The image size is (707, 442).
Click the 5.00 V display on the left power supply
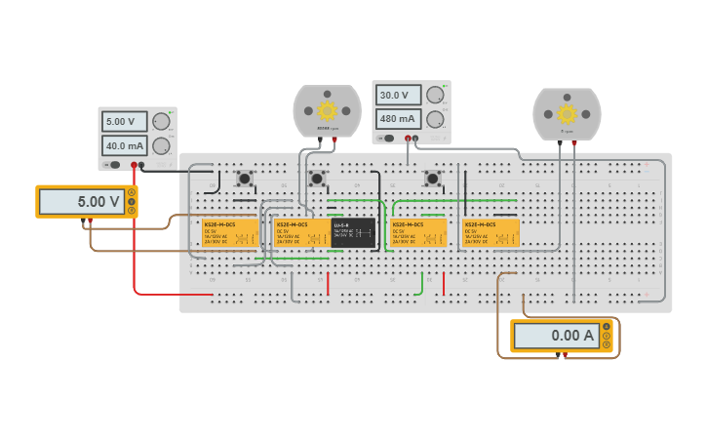coord(124,122)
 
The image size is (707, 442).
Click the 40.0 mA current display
coord(124,146)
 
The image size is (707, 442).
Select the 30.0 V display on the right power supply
coord(398,96)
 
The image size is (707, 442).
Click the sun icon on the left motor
coord(327,110)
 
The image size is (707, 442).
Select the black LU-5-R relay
coord(353,233)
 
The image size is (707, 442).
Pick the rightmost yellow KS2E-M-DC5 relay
coord(491,233)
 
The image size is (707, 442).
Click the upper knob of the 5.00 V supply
coord(161,122)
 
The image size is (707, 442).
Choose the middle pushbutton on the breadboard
coord(317,179)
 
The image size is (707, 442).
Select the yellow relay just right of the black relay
coord(418,233)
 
